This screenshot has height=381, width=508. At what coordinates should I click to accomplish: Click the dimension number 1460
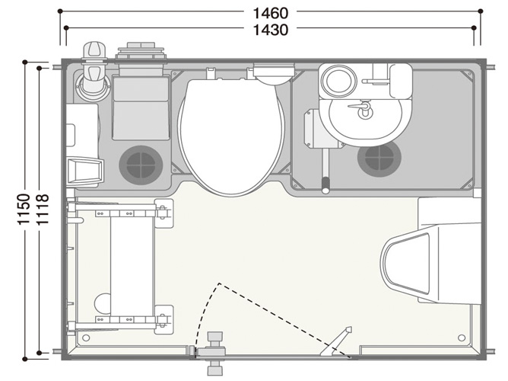pos(270,13)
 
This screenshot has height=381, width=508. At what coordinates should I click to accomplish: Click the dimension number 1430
pos(270,30)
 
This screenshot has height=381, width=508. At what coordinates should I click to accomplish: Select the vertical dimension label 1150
pos(24,210)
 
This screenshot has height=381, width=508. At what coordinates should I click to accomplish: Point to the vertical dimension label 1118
pos(42,210)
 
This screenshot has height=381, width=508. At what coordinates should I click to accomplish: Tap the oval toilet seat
pos(232,137)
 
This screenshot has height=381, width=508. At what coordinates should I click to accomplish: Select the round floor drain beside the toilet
pos(141,165)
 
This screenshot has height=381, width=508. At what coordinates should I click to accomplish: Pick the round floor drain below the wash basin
pos(379,158)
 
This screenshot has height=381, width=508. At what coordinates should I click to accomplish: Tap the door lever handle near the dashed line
pos(336,341)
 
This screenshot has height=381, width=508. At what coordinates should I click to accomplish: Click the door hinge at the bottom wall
pos(214,353)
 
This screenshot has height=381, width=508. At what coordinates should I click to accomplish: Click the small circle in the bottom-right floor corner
pos(462,338)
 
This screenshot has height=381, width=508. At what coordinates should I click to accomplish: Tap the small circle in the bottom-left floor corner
pos(86,338)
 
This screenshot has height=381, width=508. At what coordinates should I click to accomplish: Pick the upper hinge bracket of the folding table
pos(164,213)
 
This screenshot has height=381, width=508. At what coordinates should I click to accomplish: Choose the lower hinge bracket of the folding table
pos(164,320)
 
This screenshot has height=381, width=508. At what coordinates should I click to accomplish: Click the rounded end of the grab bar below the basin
pos(325,188)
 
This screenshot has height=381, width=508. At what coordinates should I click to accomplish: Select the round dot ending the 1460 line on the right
pos(481,11)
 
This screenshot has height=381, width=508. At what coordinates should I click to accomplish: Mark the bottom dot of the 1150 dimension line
pos(24,359)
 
